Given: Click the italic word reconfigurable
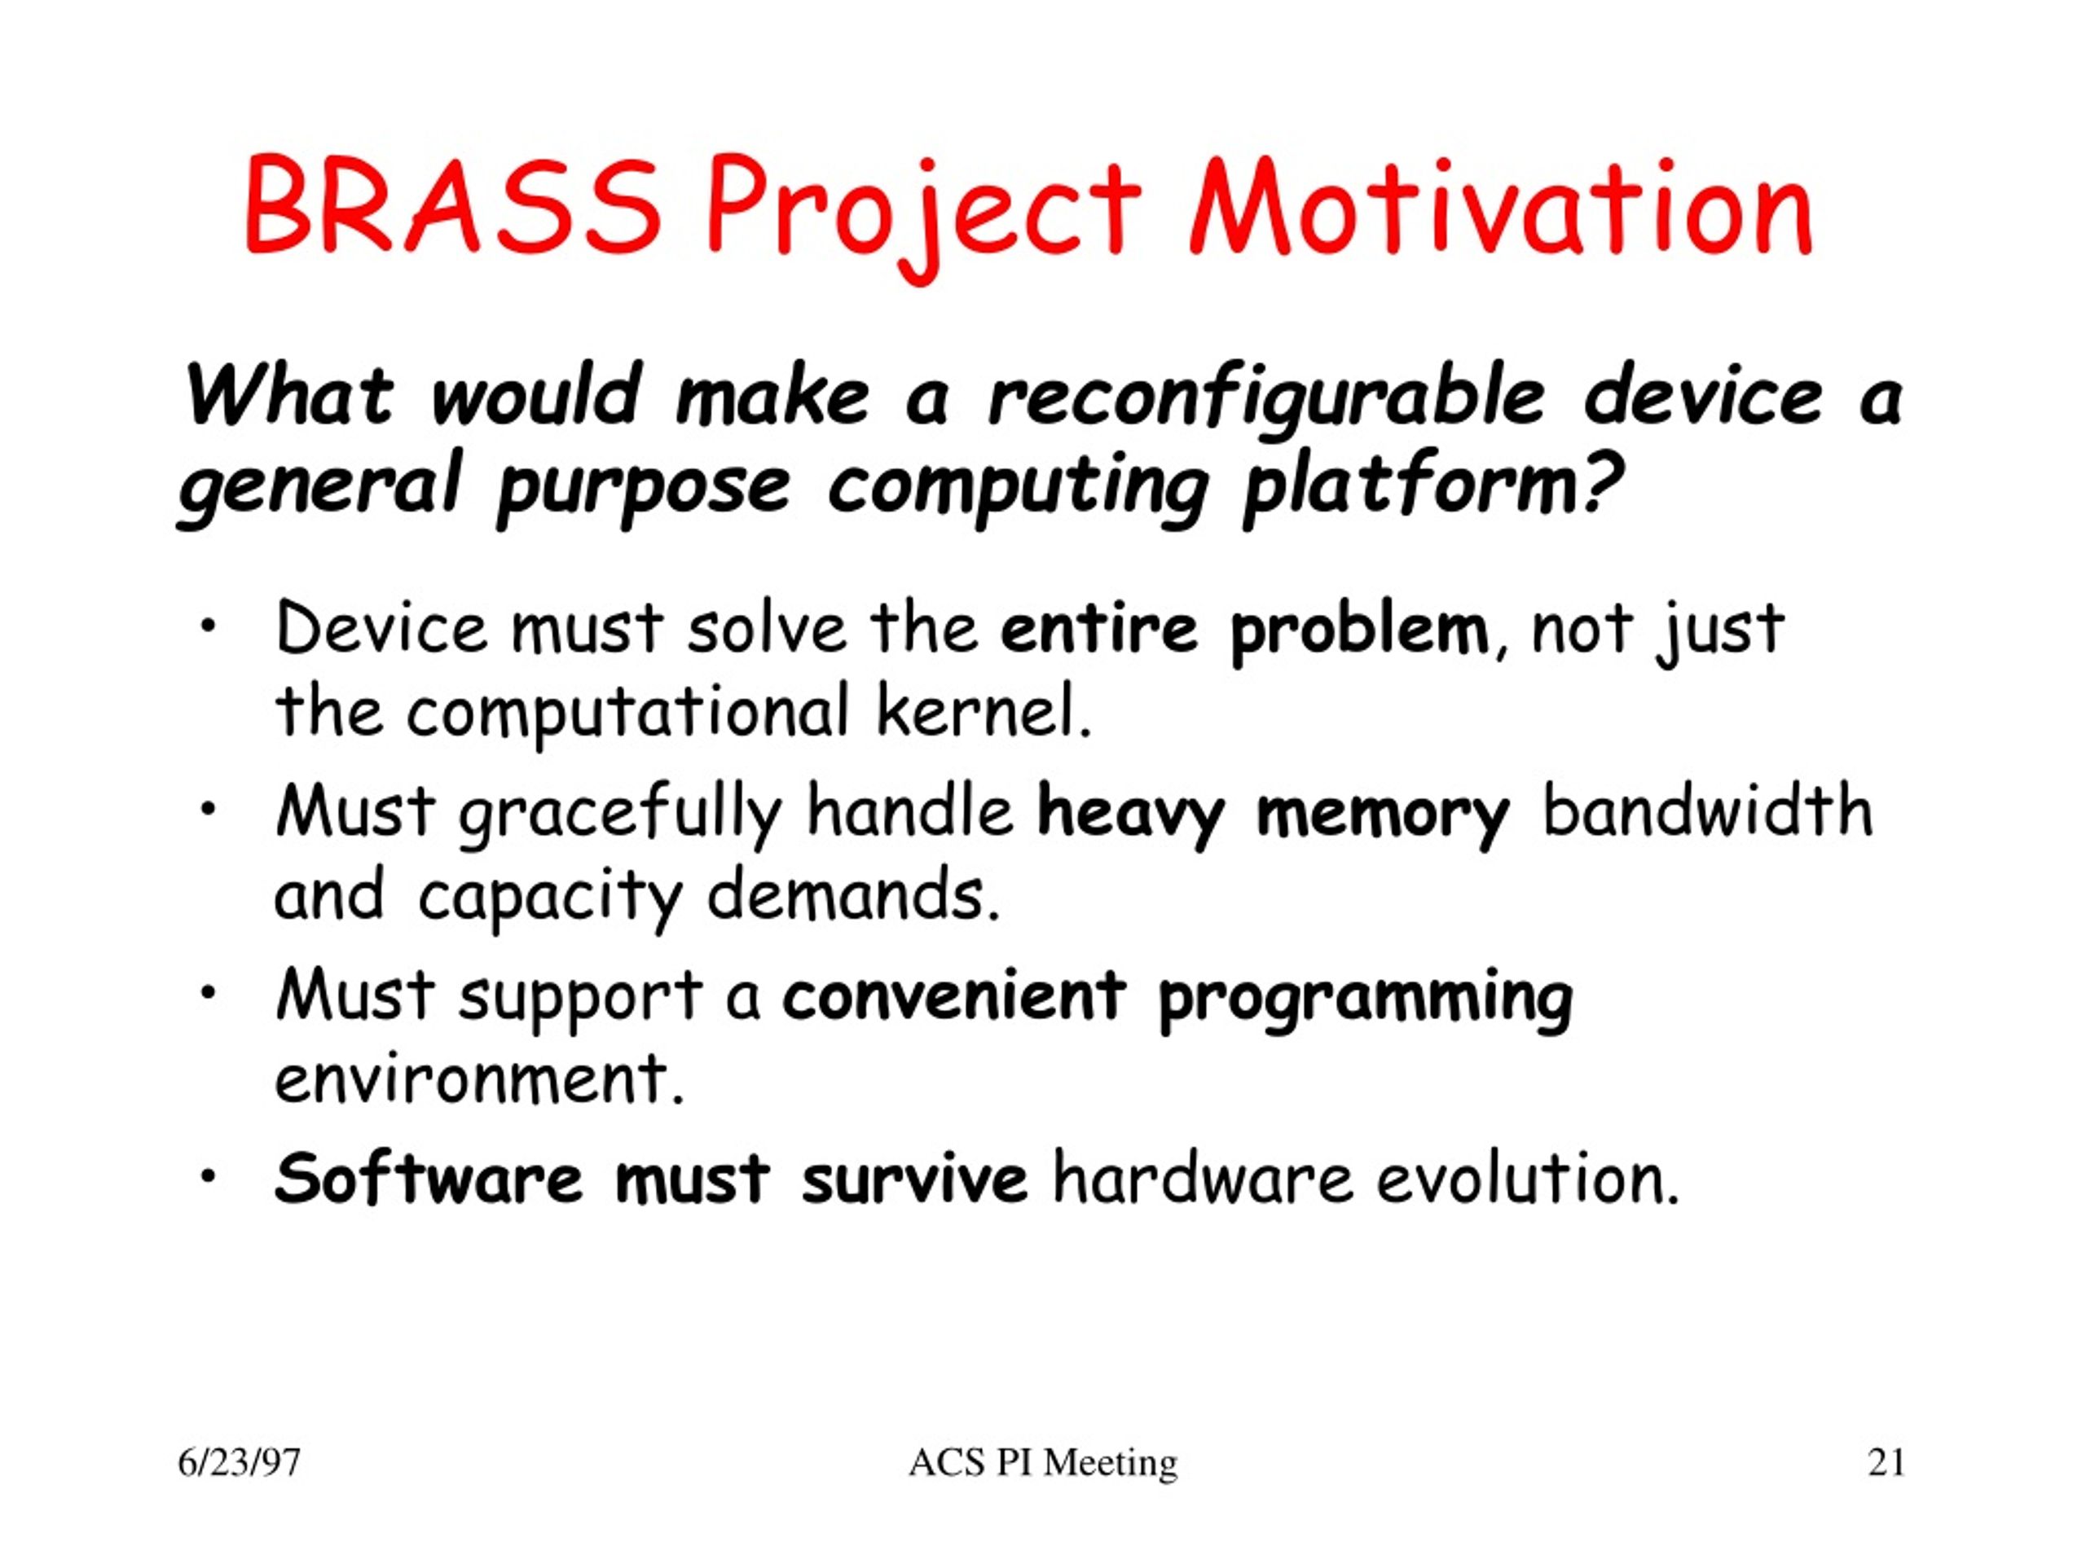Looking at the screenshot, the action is tap(1266, 401).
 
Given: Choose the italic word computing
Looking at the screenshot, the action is tap(1019, 491).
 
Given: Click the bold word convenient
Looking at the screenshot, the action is tap(954, 995).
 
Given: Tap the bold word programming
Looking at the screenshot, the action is tap(1365, 1003).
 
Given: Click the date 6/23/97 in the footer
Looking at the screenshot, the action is tap(240, 1463).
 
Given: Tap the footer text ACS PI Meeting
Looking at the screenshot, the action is tap(1043, 1463).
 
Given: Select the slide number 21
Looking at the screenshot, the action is tap(1886, 1463).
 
